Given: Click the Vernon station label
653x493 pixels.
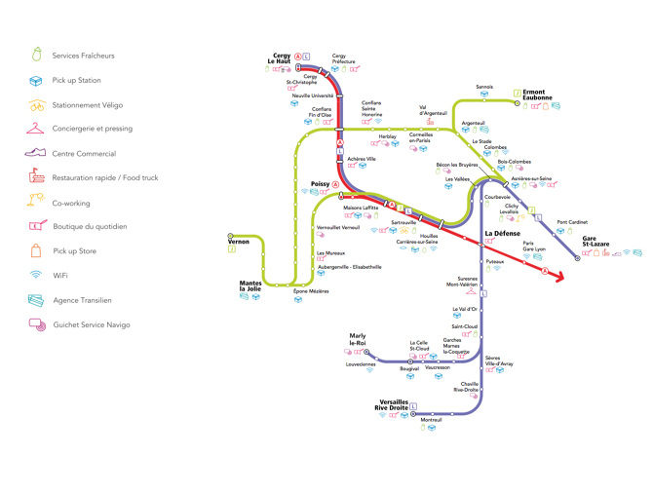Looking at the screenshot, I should [x=239, y=242].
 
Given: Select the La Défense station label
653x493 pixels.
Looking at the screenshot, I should [x=502, y=234].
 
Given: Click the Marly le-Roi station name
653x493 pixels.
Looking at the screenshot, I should [x=358, y=339].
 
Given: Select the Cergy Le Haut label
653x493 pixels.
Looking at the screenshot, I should [x=281, y=59].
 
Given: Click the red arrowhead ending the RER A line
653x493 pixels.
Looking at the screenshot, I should [x=559, y=278].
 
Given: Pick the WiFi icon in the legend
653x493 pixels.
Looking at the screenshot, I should [x=36, y=276].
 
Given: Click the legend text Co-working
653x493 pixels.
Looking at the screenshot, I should [x=71, y=203].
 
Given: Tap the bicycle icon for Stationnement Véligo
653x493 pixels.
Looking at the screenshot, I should [x=36, y=105].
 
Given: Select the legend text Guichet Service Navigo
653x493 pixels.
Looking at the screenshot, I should [x=92, y=324].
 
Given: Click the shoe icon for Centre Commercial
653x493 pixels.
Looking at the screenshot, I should [x=36, y=154].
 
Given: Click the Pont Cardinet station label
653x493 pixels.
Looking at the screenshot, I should [x=571, y=222].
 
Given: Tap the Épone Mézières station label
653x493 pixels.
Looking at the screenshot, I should [x=311, y=290].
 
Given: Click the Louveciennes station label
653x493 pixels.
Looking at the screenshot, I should [x=361, y=363].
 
